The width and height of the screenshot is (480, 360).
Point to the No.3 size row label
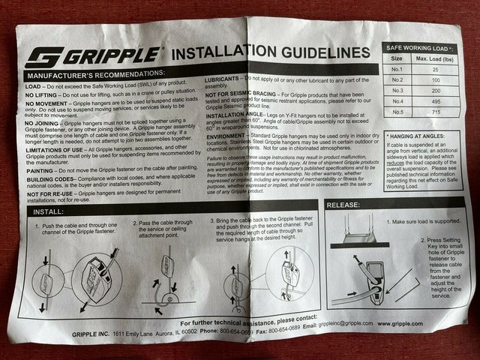pos(399,90)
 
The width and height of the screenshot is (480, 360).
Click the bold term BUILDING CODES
pos(45,180)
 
